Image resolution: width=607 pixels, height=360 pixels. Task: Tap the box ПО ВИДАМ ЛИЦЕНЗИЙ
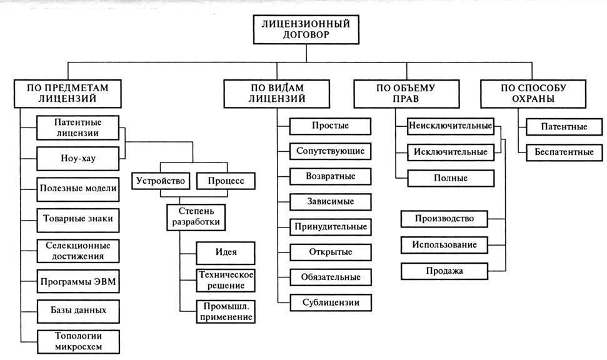[x=277, y=94]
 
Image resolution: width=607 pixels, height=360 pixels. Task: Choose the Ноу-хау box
[x=69, y=159]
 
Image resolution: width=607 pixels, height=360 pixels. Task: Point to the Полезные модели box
[x=78, y=188]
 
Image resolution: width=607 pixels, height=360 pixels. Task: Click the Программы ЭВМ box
[x=78, y=281]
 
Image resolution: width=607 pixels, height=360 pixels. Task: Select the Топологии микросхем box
[x=78, y=341]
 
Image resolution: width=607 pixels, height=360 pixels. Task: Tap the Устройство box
[x=160, y=181]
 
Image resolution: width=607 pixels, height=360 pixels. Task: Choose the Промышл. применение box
[x=225, y=312]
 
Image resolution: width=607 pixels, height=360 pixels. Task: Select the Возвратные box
[x=330, y=176]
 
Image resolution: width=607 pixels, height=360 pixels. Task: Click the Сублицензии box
[x=330, y=302]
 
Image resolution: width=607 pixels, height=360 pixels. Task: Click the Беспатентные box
[x=564, y=152]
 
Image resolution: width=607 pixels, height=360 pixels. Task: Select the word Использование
[x=444, y=244]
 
